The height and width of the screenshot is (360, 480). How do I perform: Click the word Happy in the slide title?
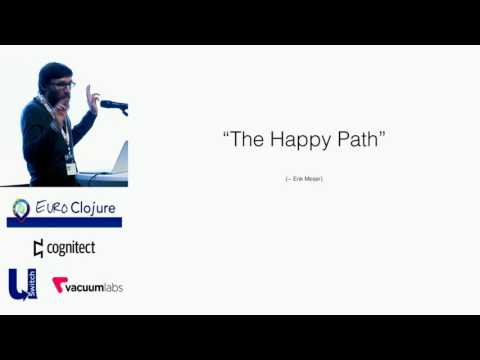tap(301, 140)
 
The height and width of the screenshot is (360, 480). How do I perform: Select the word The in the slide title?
tap(249, 140)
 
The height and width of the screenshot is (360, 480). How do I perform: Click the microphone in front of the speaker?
tap(113, 104)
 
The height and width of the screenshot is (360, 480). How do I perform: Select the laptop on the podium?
tap(119, 157)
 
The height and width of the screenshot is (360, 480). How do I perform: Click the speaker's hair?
tap(52, 72)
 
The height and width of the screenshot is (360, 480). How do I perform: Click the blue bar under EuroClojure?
tap(64, 224)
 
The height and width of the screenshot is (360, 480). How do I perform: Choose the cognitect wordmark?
tap(72, 248)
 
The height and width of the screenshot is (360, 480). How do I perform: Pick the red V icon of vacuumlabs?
tap(58, 286)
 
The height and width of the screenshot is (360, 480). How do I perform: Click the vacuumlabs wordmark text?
tap(95, 286)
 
